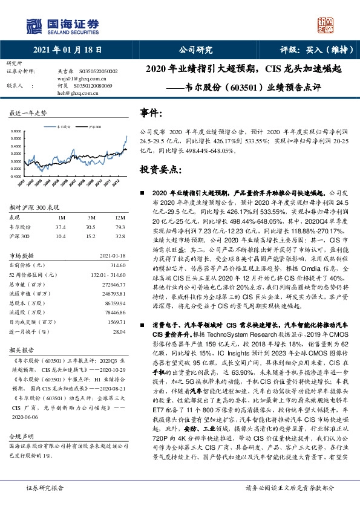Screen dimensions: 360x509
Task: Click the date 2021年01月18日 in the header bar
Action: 67,50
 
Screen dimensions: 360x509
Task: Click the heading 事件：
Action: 151,113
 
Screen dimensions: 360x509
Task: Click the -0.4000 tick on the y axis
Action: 14,177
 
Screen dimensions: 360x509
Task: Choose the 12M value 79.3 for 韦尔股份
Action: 120,227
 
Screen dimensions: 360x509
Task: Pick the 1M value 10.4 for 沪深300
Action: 61,236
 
